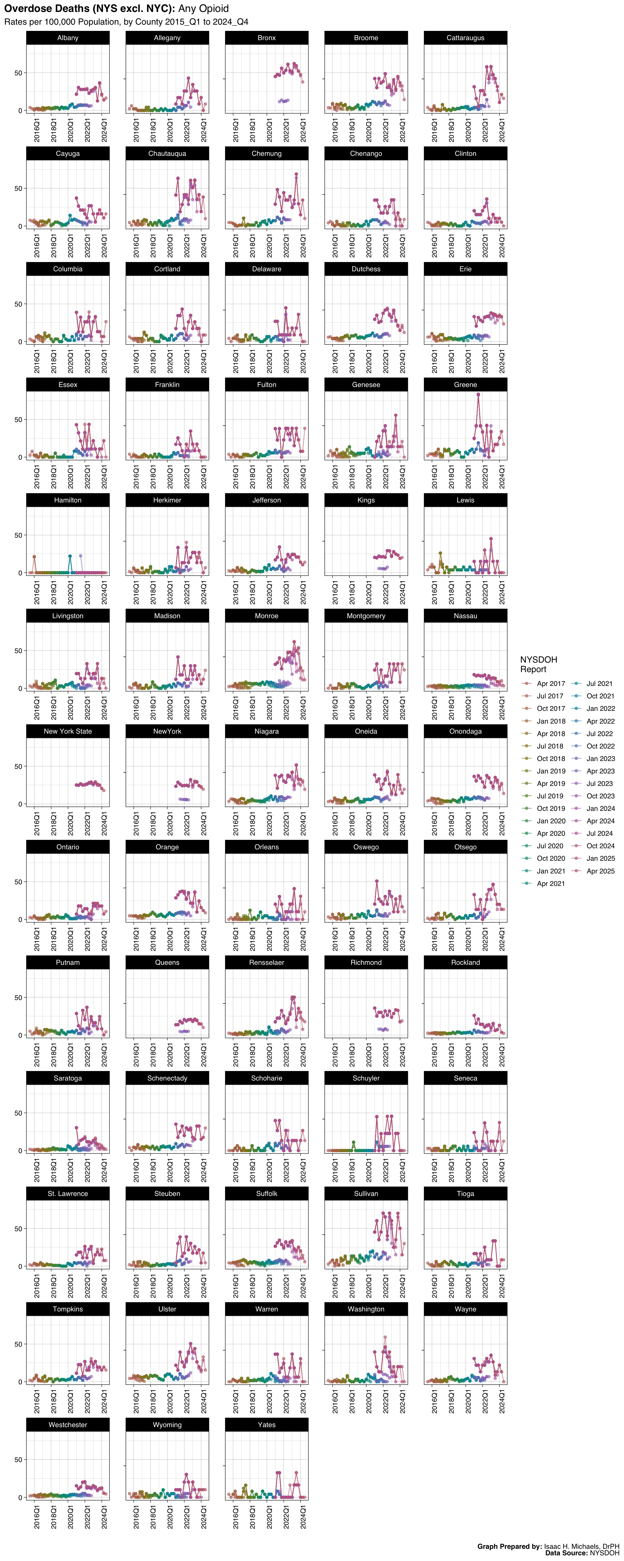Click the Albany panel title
68,38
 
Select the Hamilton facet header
68,500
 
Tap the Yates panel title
266,1425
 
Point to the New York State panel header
68,731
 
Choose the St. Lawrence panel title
68,1194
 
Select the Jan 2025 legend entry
600,859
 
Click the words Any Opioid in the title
204,8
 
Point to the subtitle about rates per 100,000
126,22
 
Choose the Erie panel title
465,269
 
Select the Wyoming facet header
167,1425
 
